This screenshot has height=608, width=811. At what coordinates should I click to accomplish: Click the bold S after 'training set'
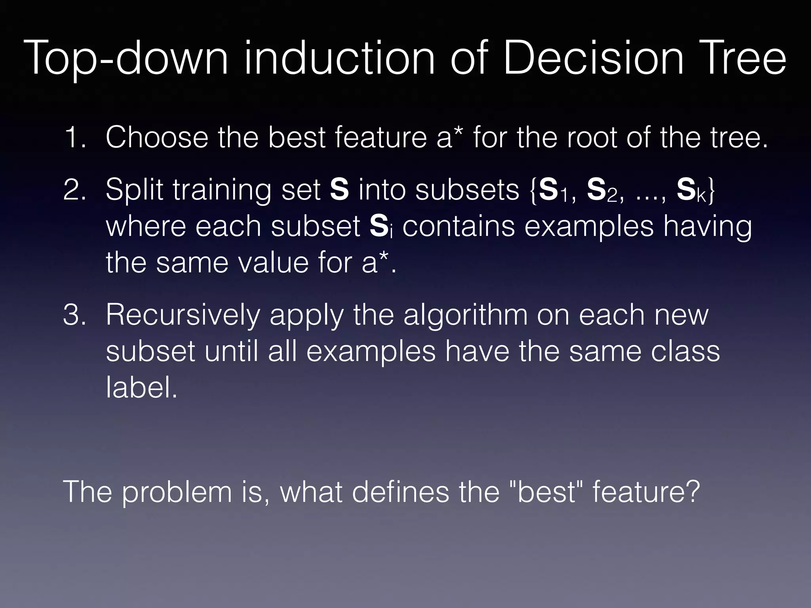[339, 190]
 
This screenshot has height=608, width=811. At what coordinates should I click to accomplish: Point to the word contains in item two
[459, 226]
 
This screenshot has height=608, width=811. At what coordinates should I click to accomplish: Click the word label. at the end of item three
[141, 387]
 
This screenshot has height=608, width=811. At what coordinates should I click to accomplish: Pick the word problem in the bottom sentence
[177, 492]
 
